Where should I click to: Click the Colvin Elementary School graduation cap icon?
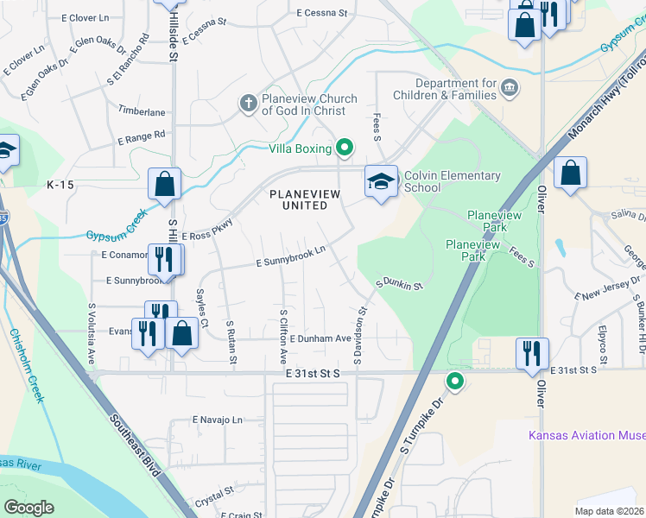pos(381,181)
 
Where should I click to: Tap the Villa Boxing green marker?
pos(345,148)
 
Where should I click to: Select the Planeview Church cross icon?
pos(248,104)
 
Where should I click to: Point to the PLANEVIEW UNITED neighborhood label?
pos(299,199)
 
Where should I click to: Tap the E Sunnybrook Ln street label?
pos(289,250)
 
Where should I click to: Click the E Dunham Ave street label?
pos(320,339)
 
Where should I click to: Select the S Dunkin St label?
pos(399,283)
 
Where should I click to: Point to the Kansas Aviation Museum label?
pos(587,435)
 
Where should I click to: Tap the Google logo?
pos(29,507)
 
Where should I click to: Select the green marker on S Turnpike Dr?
pos(455,381)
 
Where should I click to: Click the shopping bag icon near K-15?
pos(163,183)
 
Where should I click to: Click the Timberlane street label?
pos(142,112)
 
